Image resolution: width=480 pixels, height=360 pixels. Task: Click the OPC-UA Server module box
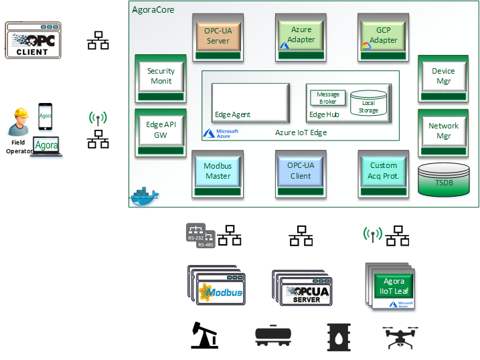coord(217,37)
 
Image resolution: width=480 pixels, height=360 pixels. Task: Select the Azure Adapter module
coord(301,36)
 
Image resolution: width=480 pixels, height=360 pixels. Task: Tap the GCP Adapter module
coord(383,36)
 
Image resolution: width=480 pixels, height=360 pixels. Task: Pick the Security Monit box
coord(160,76)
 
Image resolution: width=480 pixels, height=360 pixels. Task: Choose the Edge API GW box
coord(160,130)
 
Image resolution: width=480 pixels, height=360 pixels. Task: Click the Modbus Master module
coord(217,172)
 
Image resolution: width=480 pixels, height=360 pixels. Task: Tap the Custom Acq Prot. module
coord(383,171)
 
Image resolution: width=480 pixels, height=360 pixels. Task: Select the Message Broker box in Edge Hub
coord(327,98)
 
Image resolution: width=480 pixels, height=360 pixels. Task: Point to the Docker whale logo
coord(145,195)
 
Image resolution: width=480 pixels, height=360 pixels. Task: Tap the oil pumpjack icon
coord(204,335)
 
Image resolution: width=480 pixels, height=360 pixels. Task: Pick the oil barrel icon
coord(338,336)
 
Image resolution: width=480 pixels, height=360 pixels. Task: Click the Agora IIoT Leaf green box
coord(394,286)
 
